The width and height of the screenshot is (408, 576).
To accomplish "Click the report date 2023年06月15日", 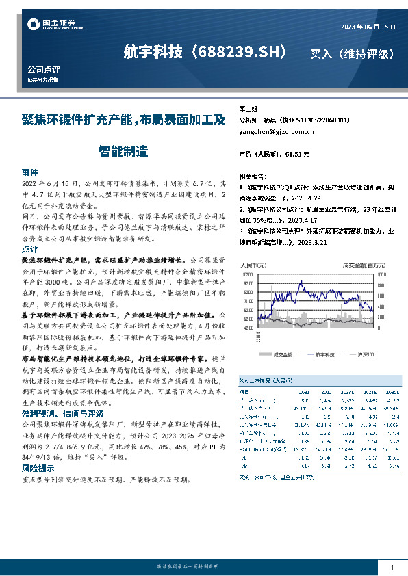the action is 368,27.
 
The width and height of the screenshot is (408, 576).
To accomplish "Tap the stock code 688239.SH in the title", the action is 240,52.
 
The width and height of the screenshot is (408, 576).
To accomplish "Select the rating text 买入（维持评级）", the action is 352,53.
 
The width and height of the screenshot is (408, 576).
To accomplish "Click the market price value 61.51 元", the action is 294,155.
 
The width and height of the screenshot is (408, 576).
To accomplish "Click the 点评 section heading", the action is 30,250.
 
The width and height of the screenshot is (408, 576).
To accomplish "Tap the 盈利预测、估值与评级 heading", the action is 62,413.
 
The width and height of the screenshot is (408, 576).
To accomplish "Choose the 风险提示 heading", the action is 38,468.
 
